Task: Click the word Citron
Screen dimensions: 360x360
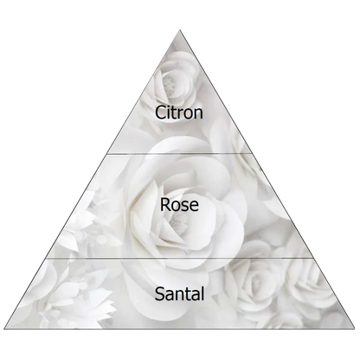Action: (x=179, y=112)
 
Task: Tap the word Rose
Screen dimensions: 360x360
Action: (x=179, y=204)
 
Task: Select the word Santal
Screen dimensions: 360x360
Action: (x=179, y=293)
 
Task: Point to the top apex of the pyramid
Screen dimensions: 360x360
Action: (x=180, y=29)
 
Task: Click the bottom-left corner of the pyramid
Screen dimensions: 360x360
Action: (x=4, y=329)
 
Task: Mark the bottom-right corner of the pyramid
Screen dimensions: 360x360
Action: (x=355, y=328)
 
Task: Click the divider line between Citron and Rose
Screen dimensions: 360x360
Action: (x=179, y=154)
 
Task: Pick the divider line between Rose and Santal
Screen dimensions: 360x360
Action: (x=179, y=259)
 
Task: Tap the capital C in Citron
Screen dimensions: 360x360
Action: (x=160, y=112)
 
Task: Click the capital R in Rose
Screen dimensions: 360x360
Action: (x=165, y=204)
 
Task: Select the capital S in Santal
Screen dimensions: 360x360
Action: (x=160, y=293)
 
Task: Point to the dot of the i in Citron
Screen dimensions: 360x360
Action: (x=170, y=106)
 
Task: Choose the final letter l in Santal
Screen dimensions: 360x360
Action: (x=202, y=293)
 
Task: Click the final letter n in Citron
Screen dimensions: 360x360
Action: (x=198, y=114)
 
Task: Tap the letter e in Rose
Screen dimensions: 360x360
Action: (x=194, y=207)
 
